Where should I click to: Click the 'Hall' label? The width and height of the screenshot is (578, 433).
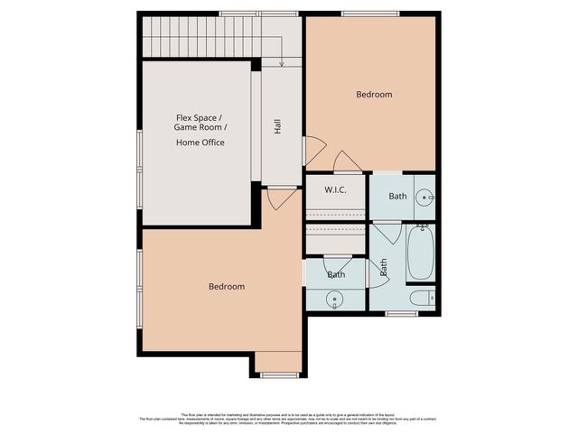[x=278, y=127]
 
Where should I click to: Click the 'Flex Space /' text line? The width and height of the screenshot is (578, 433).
[x=200, y=116]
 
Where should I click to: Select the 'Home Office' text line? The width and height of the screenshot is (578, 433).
[x=200, y=143]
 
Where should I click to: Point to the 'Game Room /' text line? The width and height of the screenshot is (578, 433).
[x=200, y=129]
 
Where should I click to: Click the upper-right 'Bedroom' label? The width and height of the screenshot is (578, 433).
[x=373, y=94]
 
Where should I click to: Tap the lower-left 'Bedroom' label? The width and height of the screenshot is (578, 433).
[x=227, y=287]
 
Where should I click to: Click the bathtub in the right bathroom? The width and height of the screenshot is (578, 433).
[x=421, y=253]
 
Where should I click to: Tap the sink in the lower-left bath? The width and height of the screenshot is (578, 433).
[x=335, y=297]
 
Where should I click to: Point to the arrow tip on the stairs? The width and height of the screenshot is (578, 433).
[x=282, y=65]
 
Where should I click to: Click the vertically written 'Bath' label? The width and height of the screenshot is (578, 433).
[x=384, y=267]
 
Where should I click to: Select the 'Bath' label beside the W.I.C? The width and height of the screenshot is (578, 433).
[x=397, y=197]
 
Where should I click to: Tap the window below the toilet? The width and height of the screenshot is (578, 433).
[x=400, y=314]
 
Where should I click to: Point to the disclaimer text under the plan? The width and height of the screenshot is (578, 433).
[x=289, y=418]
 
